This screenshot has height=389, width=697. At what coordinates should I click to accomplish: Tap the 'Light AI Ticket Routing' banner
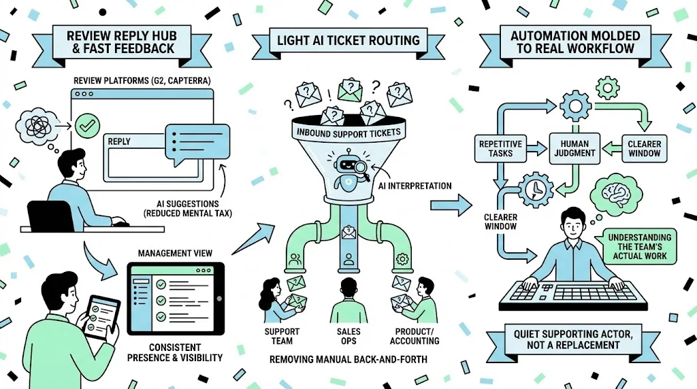[x=348, y=40]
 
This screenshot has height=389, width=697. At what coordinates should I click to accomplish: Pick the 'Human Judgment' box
[x=576, y=148]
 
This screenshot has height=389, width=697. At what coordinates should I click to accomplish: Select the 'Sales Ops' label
[x=348, y=335]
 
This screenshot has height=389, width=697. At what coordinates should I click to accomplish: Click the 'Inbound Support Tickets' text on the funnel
[x=348, y=132]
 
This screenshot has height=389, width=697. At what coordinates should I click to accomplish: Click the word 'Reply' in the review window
[x=119, y=141]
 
